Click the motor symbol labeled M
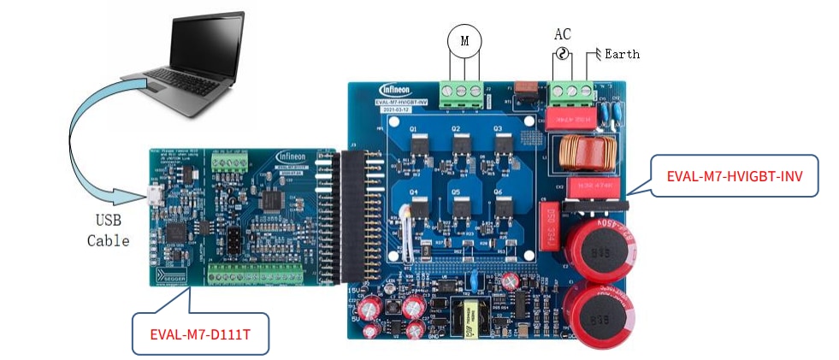click(x=464, y=40)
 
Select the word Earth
click(x=622, y=54)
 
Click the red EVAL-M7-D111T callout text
click(x=201, y=332)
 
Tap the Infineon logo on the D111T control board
click(x=297, y=157)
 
